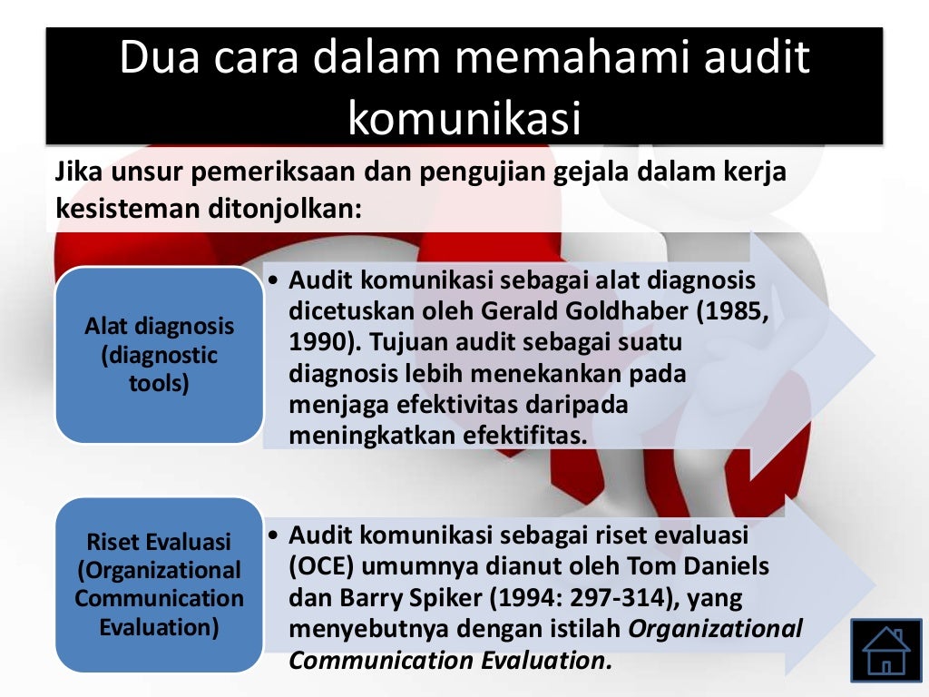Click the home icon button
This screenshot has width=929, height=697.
pyautogui.click(x=885, y=651)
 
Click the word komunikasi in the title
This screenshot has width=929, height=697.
pyautogui.click(x=464, y=119)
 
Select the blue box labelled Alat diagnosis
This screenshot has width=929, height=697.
pyautogui.click(x=160, y=355)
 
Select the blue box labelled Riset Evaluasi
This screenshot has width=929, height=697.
pyautogui.click(x=160, y=584)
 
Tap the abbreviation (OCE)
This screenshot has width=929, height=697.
pyautogui.click(x=319, y=566)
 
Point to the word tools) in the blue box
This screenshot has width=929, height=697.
pyautogui.click(x=160, y=383)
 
